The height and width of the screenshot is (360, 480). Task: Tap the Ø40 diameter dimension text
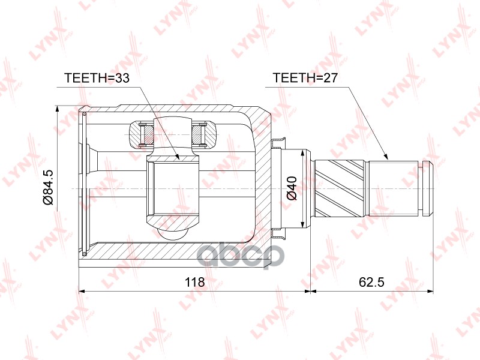(292, 187)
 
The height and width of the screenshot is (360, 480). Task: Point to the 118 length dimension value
(194, 282)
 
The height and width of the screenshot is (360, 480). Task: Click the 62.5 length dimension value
(371, 282)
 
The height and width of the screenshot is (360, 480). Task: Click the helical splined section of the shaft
(343, 188)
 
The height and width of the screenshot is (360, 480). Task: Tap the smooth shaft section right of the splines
(396, 188)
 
